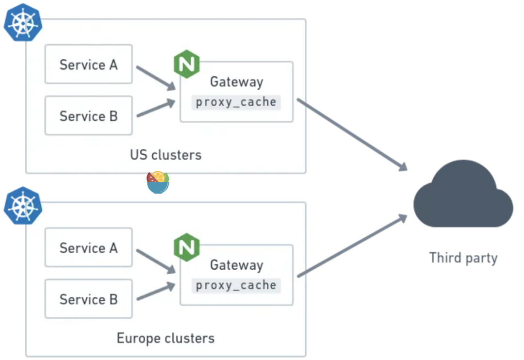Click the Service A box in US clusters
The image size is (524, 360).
pos(88,65)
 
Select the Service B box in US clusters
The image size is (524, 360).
pos(88,116)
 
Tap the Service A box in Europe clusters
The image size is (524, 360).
pos(88,248)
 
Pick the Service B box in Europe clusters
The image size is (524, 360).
pos(88,299)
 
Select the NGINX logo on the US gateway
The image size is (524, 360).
pos(187,64)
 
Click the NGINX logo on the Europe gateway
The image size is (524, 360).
pos(187,247)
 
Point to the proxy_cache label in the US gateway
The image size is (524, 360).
pos(236,102)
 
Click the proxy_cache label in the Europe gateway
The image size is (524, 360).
pos(236,285)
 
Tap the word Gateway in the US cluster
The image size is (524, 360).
pos(236,82)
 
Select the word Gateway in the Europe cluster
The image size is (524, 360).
pos(236,265)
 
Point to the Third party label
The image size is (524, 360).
pos(463,258)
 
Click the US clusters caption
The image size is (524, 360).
pos(165,155)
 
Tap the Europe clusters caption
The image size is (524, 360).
pos(165,338)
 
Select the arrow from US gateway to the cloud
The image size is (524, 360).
pos(352,134)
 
